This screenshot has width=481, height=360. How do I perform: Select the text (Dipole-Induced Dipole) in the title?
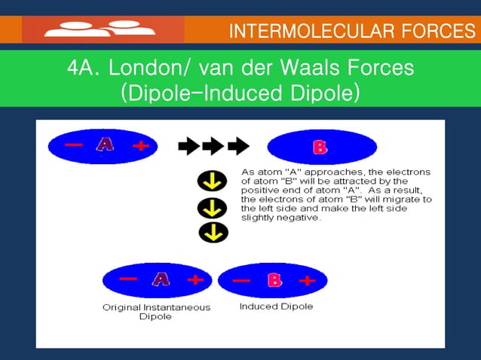tap(240, 93)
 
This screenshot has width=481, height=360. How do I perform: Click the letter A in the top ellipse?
tap(105, 145)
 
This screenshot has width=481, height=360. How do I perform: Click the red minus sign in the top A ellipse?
tap(73, 145)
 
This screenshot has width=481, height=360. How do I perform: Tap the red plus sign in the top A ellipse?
tap(140, 146)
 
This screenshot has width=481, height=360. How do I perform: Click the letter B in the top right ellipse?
tap(320, 148)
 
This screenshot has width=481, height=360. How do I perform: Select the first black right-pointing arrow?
tap(188, 145)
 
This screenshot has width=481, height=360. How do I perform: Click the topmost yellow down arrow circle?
tap(213, 182)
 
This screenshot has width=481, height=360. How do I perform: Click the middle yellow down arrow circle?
tap(213, 208)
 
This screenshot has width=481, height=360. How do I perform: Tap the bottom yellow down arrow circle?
tap(213, 233)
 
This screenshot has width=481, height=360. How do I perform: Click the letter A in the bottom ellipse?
tap(161, 279)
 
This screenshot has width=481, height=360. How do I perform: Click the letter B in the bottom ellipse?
tap(274, 281)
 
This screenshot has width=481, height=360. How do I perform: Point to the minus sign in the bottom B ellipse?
tap(241, 282)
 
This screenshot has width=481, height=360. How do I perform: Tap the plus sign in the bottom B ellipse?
tap(307, 281)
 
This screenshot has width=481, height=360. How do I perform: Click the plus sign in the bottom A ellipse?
tap(195, 280)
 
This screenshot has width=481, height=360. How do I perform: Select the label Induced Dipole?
tap(276, 307)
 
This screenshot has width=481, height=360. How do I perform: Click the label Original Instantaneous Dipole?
tap(156, 312)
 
